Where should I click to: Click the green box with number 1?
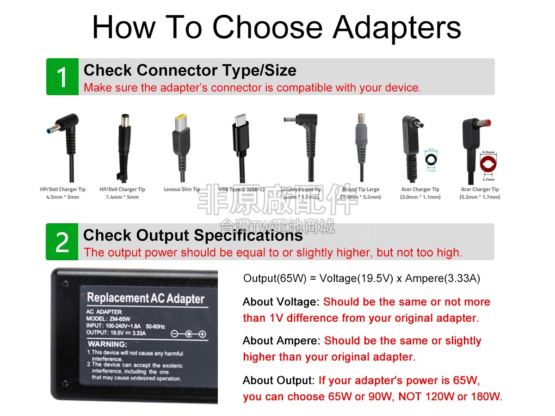pyautogui.click(x=62, y=77)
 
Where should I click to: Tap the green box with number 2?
pyautogui.click(x=62, y=242)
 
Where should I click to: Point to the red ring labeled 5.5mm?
pyautogui.click(x=488, y=164)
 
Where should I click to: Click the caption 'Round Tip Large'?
pyautogui.click(x=361, y=190)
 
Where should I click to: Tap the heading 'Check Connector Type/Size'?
pyautogui.click(x=190, y=70)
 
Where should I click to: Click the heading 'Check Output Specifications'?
pyautogui.click(x=193, y=235)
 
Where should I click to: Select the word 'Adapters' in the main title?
pyautogui.click(x=397, y=27)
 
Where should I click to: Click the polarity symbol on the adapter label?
pyautogui.click(x=188, y=334)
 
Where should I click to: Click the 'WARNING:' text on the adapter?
pyautogui.click(x=107, y=344)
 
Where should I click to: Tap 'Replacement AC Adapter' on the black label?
pyautogui.click(x=145, y=298)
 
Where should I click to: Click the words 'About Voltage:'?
pyautogui.click(x=281, y=302)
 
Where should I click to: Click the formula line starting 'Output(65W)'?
pyautogui.click(x=361, y=278)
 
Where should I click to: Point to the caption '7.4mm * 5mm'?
pyautogui.click(x=122, y=197)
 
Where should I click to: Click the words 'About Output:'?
pyautogui.click(x=278, y=380)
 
